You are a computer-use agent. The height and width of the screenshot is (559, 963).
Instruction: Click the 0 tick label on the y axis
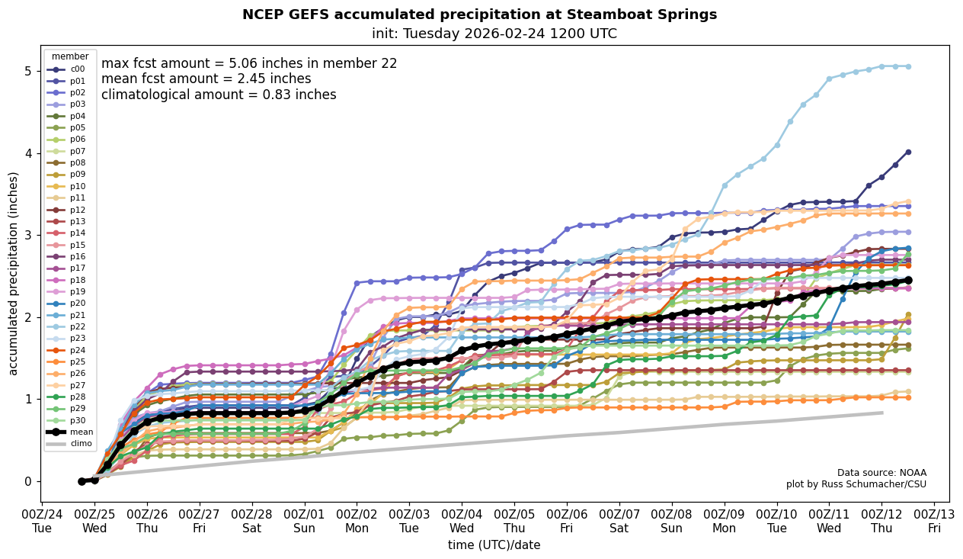27,481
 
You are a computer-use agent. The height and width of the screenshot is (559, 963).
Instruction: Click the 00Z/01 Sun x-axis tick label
305,521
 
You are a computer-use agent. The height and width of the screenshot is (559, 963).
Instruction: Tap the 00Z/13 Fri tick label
934,521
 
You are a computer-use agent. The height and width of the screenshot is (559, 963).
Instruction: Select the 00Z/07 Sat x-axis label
619,521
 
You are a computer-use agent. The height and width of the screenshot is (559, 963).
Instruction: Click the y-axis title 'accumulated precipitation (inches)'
13,273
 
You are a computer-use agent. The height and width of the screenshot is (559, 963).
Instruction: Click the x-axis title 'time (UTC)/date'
494,545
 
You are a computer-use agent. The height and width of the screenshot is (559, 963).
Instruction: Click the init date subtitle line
494,34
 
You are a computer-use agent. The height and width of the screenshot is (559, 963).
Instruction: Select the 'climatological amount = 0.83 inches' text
219,95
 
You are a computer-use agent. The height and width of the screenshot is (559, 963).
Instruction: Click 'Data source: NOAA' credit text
881,473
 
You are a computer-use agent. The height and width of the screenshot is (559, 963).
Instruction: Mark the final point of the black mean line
907,280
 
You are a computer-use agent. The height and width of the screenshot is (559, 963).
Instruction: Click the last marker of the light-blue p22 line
907,66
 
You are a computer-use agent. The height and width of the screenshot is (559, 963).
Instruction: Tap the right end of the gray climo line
881,413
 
